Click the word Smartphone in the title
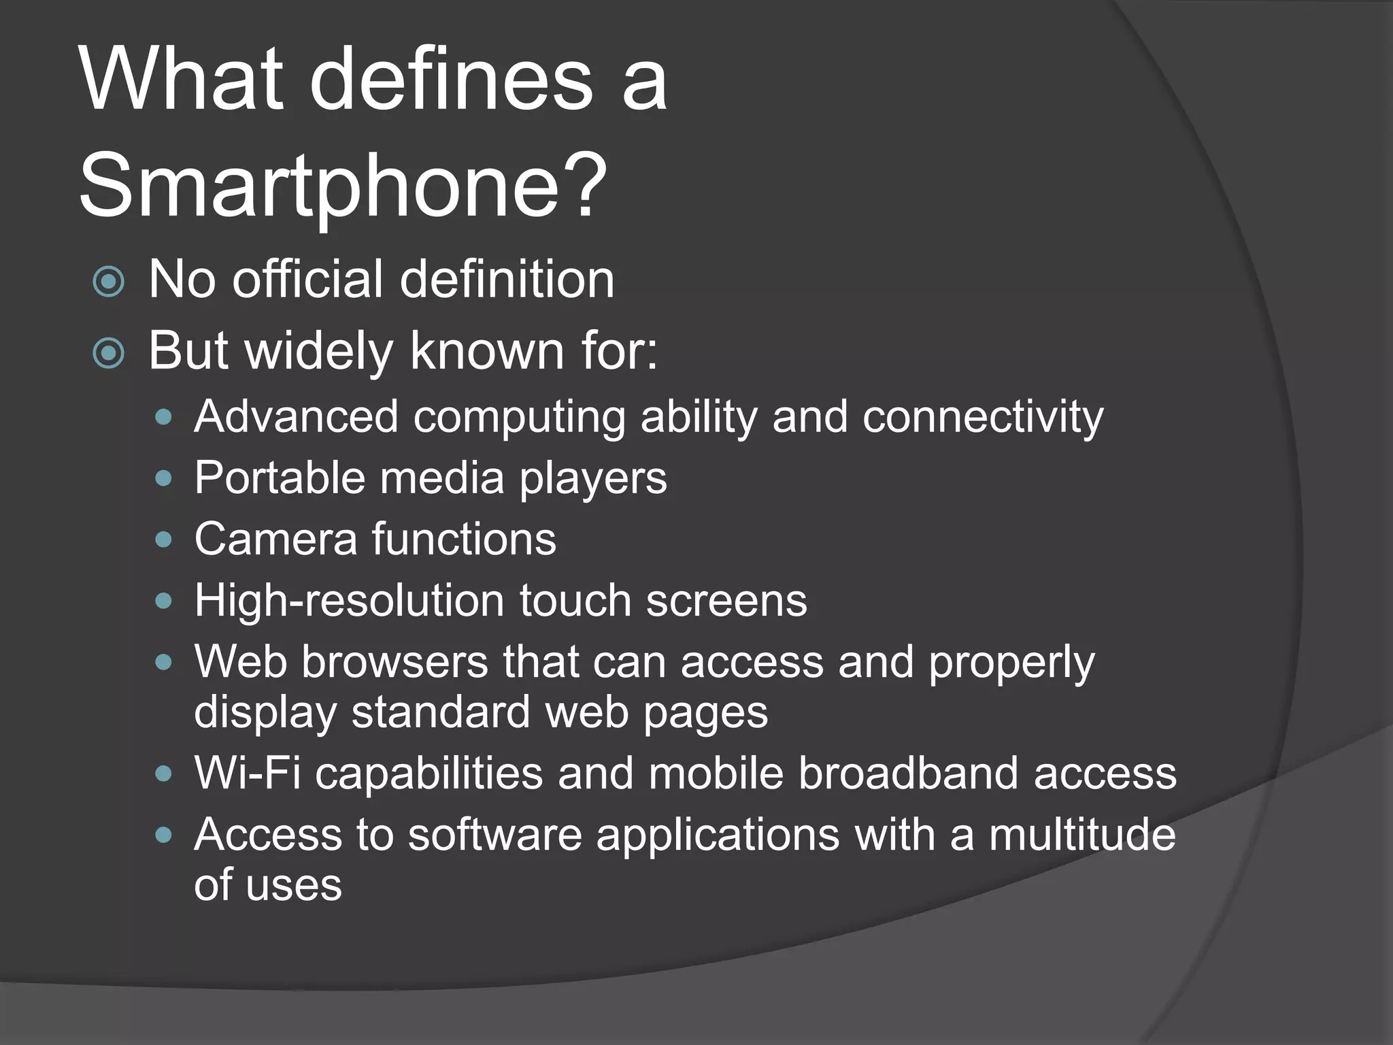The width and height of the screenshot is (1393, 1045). point(320,186)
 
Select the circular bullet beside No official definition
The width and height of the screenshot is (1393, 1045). point(109,281)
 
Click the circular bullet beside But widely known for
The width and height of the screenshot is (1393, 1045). point(109,352)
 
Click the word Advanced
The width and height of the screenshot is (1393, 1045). point(296,416)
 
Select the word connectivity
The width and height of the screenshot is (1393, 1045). point(982,416)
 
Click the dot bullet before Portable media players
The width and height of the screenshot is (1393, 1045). point(163,478)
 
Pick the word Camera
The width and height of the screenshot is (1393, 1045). point(275,540)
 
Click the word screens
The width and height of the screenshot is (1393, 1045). point(726,601)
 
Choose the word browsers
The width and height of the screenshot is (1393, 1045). point(395,662)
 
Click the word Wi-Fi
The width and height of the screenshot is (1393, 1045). point(247,774)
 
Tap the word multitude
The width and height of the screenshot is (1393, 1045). point(1081,835)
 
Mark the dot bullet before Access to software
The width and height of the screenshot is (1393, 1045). point(163,835)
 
